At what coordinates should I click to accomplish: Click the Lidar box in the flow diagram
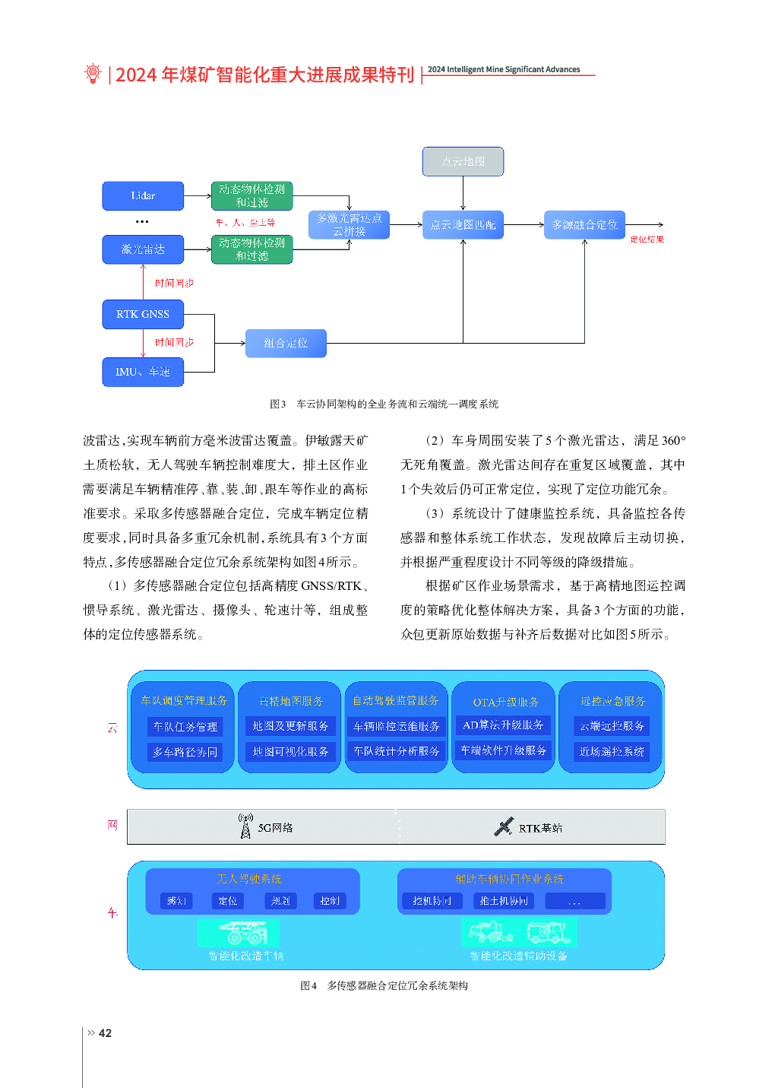pos(143,196)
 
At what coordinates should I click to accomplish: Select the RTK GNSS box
pos(143,314)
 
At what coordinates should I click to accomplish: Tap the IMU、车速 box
pos(143,372)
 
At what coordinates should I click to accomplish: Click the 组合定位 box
pos(286,344)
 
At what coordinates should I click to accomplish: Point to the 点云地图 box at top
pos(463,161)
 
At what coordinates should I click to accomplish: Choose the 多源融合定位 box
pos(584,225)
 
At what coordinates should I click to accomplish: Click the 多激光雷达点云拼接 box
pos(350,225)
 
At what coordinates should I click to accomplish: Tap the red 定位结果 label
pos(647,239)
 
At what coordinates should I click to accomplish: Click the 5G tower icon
pos(245,826)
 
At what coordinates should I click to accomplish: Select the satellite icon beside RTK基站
pos(503,827)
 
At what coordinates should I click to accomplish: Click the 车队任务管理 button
pos(185,727)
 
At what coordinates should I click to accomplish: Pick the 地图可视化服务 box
pos(290,751)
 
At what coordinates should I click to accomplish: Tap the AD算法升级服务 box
pos(503,725)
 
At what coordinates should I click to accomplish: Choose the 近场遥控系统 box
pos(612,751)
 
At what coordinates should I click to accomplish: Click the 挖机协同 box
pos(432,901)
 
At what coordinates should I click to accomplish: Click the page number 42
pos(105,1033)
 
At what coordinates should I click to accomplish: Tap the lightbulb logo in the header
pos(93,73)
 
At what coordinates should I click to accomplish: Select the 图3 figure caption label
pos(278,404)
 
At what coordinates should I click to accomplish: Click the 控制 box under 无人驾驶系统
pos(330,901)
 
